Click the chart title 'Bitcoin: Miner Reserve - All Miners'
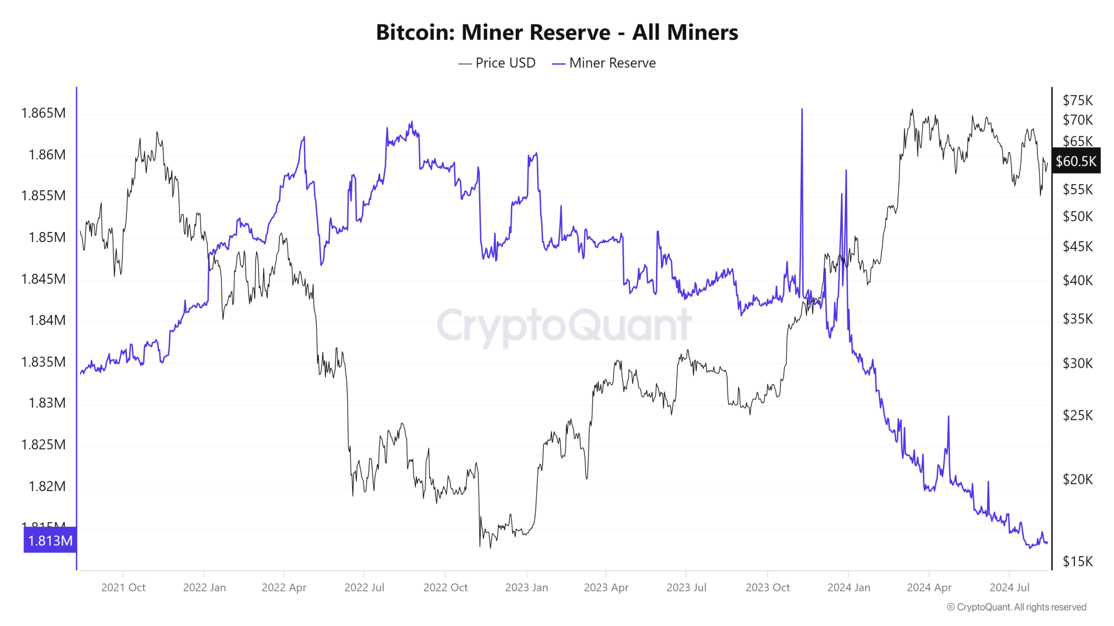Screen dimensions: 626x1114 (x=557, y=32)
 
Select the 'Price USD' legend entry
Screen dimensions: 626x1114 (x=505, y=63)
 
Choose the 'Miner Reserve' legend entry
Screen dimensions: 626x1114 (x=612, y=63)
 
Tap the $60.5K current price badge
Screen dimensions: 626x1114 (x=1076, y=161)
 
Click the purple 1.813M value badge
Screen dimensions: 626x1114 (x=50, y=540)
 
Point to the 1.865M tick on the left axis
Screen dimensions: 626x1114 (x=44, y=113)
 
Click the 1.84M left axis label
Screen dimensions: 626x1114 (x=47, y=320)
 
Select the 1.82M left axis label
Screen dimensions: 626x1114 (x=47, y=486)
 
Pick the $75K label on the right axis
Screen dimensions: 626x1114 (x=1077, y=100)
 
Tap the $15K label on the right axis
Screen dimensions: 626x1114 (x=1077, y=561)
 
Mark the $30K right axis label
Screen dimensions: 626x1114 (x=1077, y=363)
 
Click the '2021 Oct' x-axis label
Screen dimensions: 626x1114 (x=123, y=587)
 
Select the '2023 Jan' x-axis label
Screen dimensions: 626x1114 (x=527, y=587)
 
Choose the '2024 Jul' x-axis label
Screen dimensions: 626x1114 (x=1009, y=587)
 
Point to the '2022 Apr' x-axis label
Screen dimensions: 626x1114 (x=284, y=587)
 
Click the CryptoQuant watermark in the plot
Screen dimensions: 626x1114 (x=564, y=325)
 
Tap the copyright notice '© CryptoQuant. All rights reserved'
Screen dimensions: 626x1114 (x=1017, y=607)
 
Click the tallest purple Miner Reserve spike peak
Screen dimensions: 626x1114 (x=802, y=109)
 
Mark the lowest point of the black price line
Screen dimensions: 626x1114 (x=490, y=548)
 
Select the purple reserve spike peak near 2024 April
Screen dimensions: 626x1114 (x=948, y=416)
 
